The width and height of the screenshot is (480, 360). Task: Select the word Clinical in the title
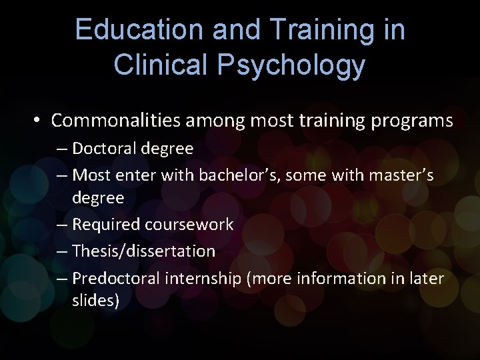153,65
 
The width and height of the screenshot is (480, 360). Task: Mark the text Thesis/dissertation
143,251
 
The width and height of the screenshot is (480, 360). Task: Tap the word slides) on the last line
96,301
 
